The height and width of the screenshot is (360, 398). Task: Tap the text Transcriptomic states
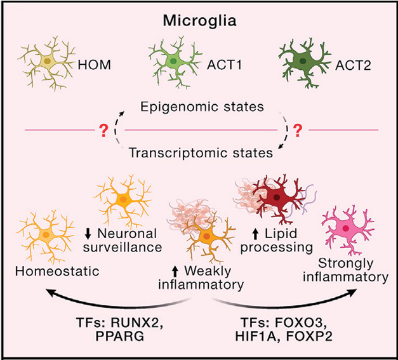[x=199, y=152]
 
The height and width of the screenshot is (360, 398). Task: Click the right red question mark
[x=295, y=130]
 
